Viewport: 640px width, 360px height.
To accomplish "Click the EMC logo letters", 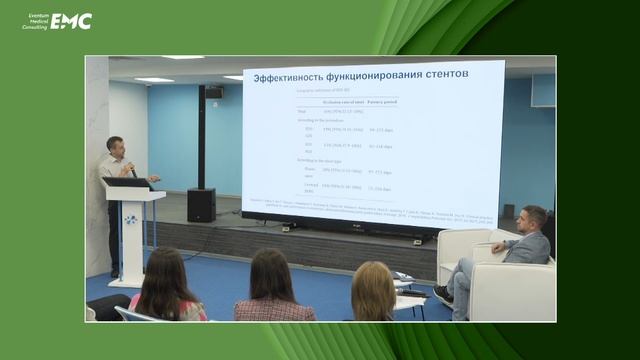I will click(71, 21).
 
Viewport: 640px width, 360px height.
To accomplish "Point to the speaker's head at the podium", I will click(115, 145).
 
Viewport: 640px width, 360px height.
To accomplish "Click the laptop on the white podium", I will click(129, 182).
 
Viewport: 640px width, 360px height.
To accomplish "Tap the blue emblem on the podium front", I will click(131, 219).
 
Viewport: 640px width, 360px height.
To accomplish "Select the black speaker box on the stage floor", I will click(201, 204).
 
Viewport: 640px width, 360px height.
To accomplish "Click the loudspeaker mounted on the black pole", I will click(213, 93).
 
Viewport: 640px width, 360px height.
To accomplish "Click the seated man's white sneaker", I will click(443, 295).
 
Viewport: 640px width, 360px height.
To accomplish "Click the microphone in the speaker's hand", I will click(132, 170).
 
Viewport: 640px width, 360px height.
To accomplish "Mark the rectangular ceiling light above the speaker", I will click(154, 80).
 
